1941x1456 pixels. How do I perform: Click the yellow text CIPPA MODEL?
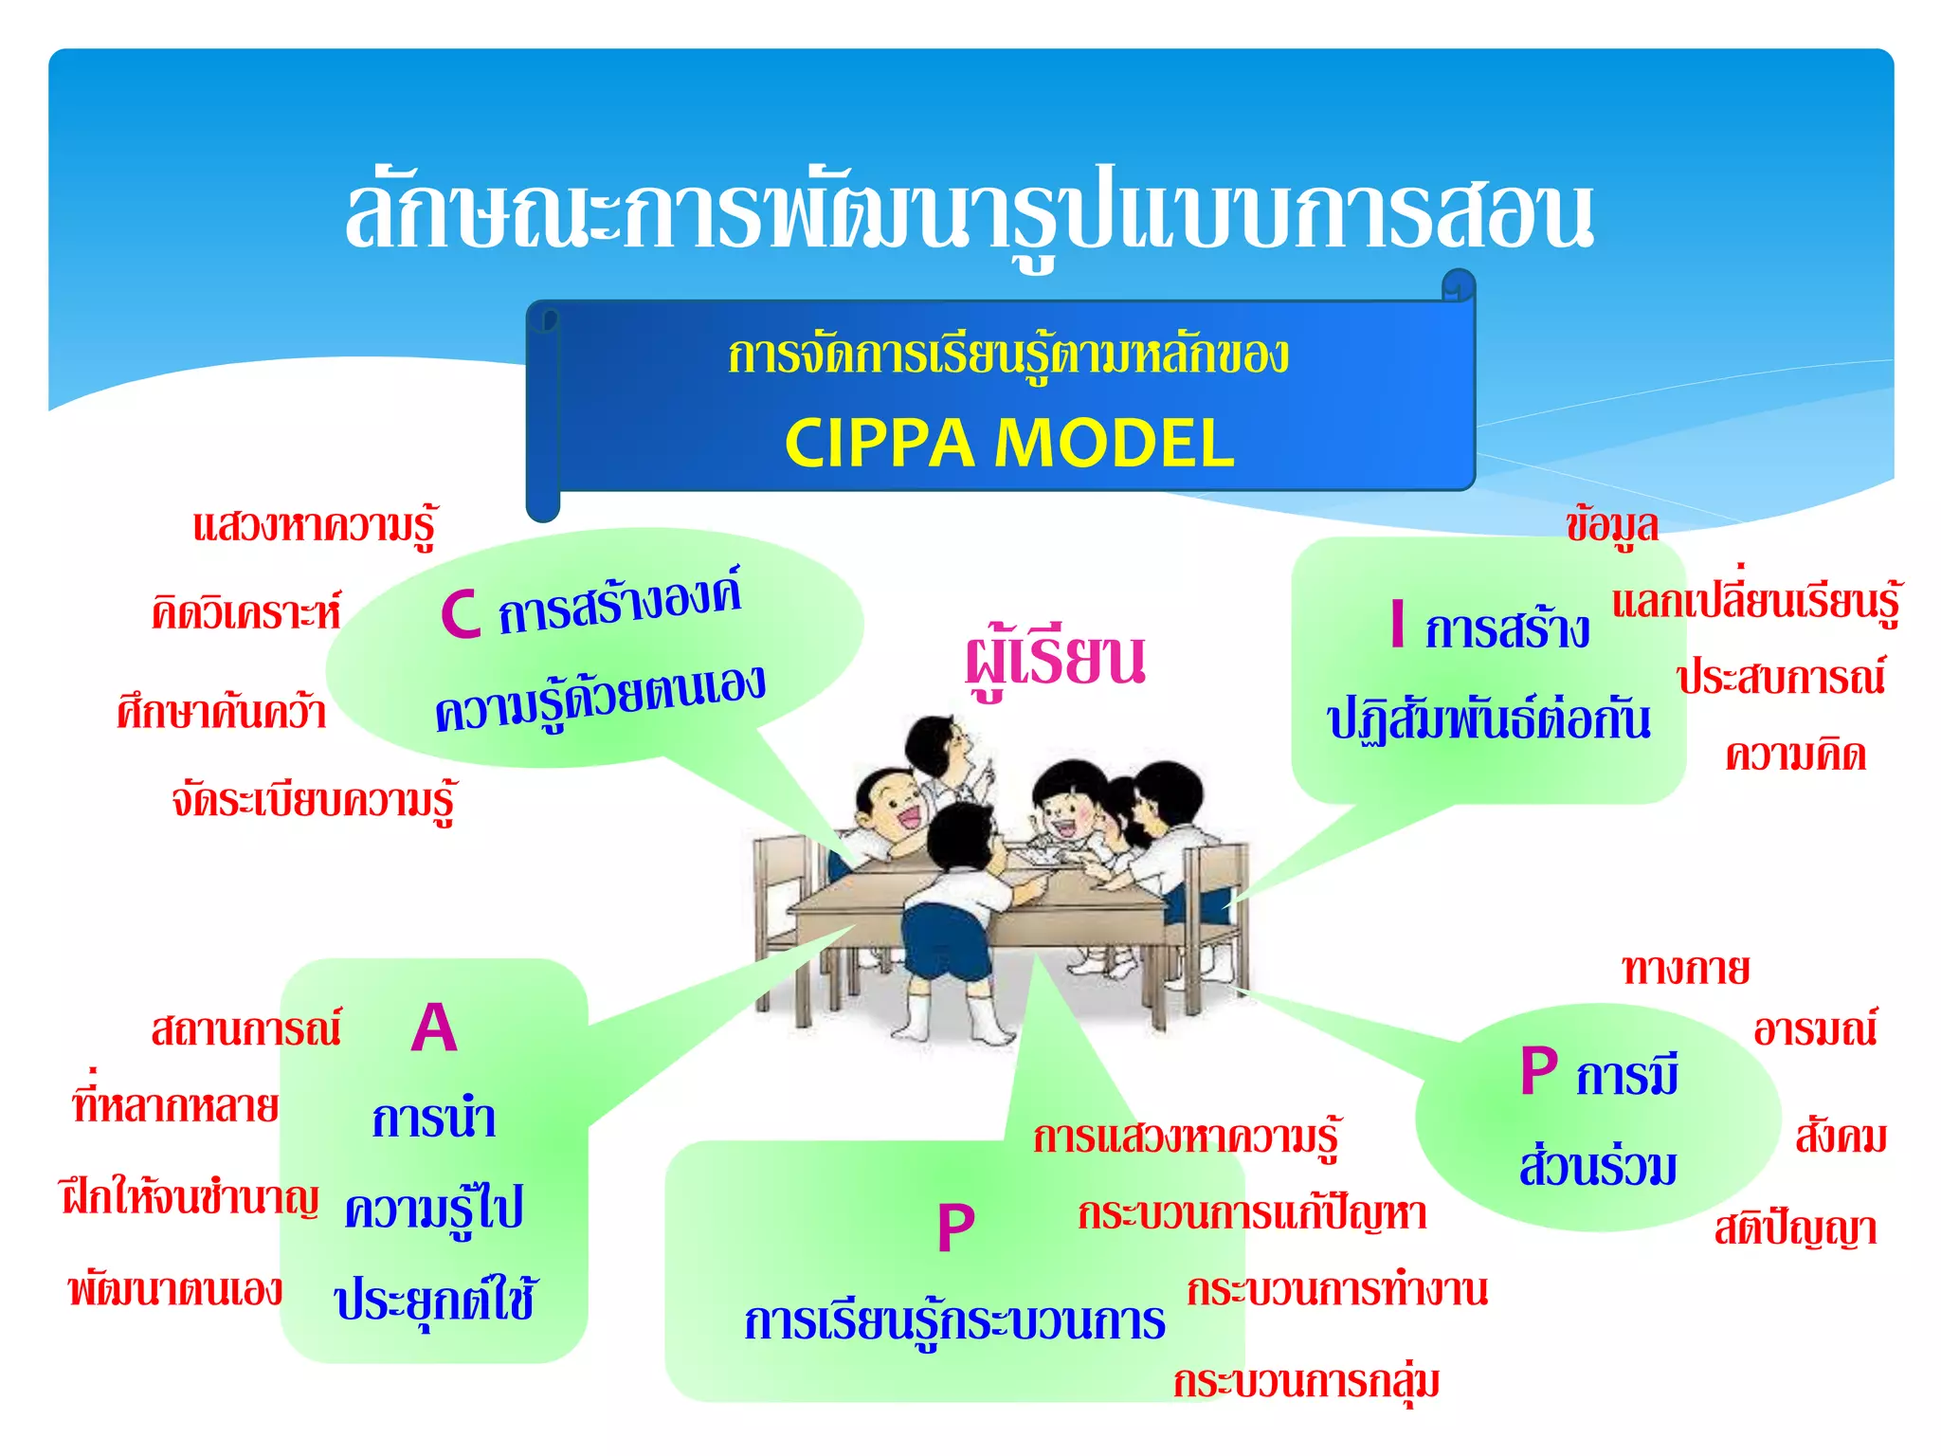pos(1009,444)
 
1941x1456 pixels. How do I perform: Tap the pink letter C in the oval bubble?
pos(462,614)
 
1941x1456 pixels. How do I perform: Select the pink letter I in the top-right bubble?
pos(1397,625)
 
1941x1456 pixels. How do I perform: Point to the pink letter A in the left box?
pos(434,1028)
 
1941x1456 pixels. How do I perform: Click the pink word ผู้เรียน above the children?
pos(1055,660)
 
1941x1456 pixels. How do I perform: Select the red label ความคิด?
pos(1795,756)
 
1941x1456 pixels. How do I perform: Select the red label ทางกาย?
pos(1685,970)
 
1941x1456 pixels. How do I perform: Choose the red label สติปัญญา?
pos(1795,1230)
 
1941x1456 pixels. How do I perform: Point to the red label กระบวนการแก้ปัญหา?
pos(1252,1215)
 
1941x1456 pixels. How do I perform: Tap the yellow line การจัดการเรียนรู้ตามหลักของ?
pos(1008,356)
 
